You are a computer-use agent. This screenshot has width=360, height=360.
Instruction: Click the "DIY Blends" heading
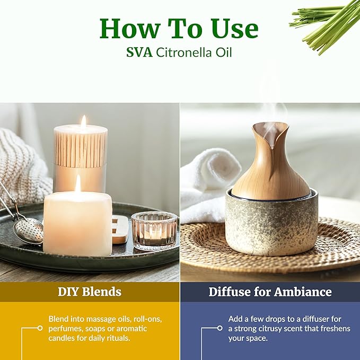pyautogui.click(x=89, y=292)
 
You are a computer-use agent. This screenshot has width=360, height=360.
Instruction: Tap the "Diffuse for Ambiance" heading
pyautogui.click(x=270, y=292)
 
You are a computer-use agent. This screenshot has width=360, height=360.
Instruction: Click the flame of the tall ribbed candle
pyautogui.click(x=83, y=121)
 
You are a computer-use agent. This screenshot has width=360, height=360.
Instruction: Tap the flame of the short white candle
pyautogui.click(x=78, y=183)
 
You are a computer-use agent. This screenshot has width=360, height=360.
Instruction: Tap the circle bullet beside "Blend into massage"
pyautogui.click(x=40, y=328)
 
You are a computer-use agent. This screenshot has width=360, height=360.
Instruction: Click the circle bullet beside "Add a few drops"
pyautogui.click(x=219, y=328)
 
